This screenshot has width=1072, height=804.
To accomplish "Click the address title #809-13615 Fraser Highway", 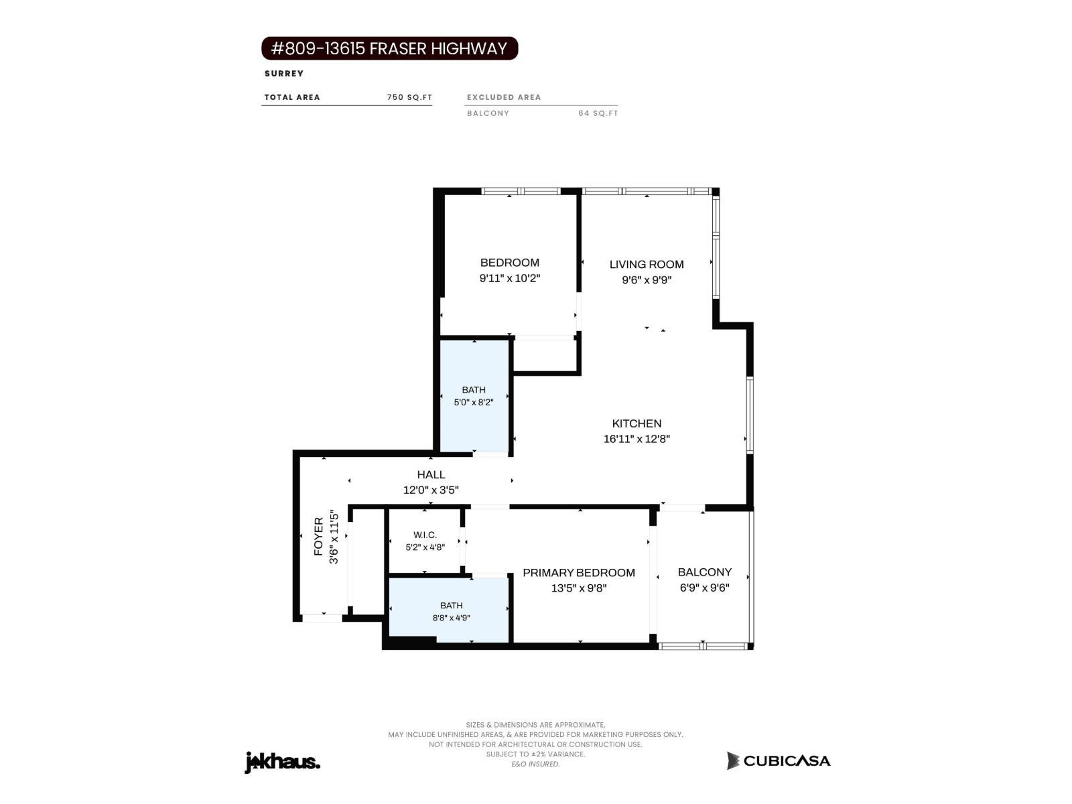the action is (389, 48).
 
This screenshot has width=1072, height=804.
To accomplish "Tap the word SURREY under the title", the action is (284, 74).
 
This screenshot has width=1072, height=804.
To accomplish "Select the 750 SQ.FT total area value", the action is (409, 97).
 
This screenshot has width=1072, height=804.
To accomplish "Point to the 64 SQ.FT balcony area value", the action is (598, 113).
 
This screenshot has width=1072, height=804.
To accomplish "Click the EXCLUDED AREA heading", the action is (504, 97).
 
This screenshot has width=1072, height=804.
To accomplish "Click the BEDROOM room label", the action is (509, 263).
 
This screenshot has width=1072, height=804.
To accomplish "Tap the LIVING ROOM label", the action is (646, 265).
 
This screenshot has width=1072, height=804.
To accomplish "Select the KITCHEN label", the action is (636, 423).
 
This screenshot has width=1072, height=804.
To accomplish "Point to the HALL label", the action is (431, 474).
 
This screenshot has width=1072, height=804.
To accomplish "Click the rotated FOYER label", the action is (318, 537).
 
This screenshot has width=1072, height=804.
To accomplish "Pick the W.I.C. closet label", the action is (425, 535).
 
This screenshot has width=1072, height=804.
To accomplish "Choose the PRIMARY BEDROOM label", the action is (579, 573).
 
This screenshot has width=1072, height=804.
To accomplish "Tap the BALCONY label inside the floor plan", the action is (704, 572).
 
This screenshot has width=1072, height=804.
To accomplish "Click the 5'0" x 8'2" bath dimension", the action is (473, 403).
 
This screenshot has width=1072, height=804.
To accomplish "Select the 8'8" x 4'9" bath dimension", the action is (451, 618).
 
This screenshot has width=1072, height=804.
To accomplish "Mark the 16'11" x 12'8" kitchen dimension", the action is (636, 439).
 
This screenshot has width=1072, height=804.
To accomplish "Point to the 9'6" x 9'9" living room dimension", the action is (646, 280).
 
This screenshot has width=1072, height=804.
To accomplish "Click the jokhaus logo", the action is (282, 762).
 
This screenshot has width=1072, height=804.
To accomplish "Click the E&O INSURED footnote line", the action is (535, 764).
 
